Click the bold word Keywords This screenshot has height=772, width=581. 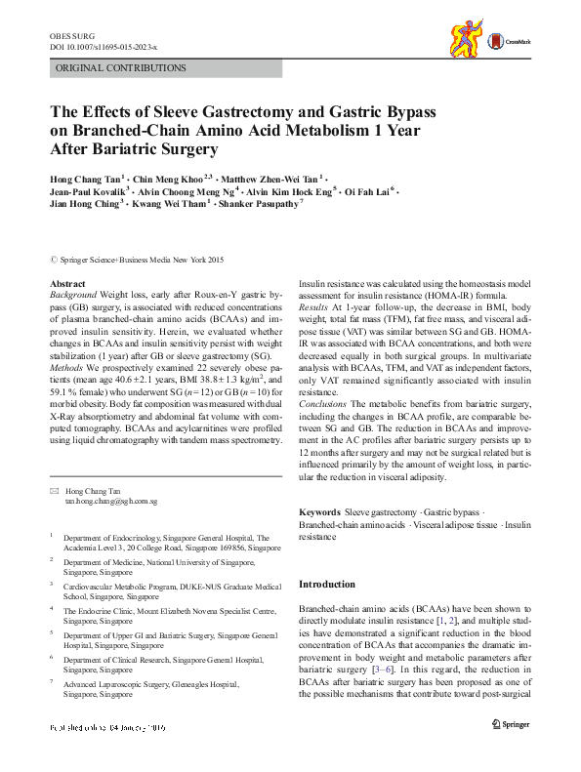pyautogui.click(x=319, y=511)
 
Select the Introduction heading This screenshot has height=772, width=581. pyautogui.click(x=327, y=584)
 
